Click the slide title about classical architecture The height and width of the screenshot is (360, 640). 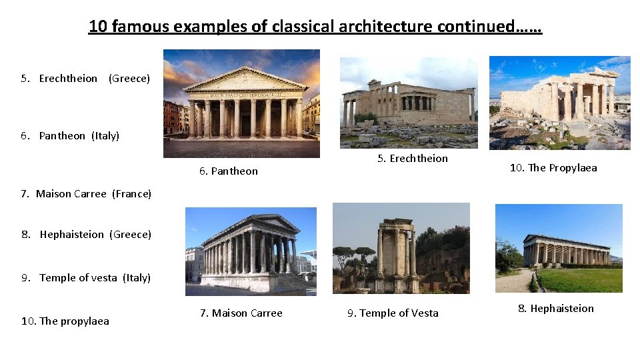pos(315,27)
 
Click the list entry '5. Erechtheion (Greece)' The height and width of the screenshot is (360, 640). pos(85,79)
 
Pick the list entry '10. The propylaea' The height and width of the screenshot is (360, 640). pos(65,321)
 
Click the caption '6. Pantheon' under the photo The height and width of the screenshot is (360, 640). pos(228,171)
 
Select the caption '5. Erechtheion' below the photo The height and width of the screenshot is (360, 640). pos(412,159)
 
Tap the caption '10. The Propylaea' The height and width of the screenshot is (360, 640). pos(553,168)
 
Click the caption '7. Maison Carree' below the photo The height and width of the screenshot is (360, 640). pos(241,313)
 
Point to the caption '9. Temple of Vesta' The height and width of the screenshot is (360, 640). pos(393,313)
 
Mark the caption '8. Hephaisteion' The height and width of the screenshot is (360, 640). pos(555,308)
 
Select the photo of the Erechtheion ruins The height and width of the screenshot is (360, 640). pos(408,103)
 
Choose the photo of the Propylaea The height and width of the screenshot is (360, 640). pos(559,103)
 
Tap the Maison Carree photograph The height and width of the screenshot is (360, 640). pos(251,251)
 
